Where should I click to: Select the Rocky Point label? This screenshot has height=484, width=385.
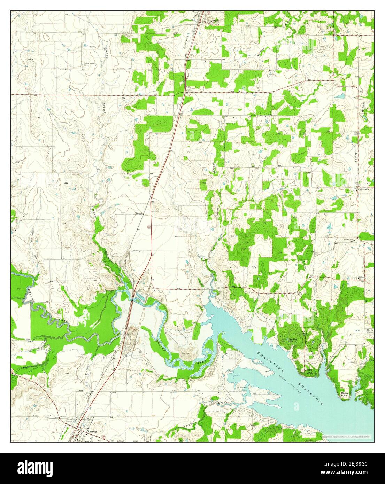pyautogui.click(x=344, y=394)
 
